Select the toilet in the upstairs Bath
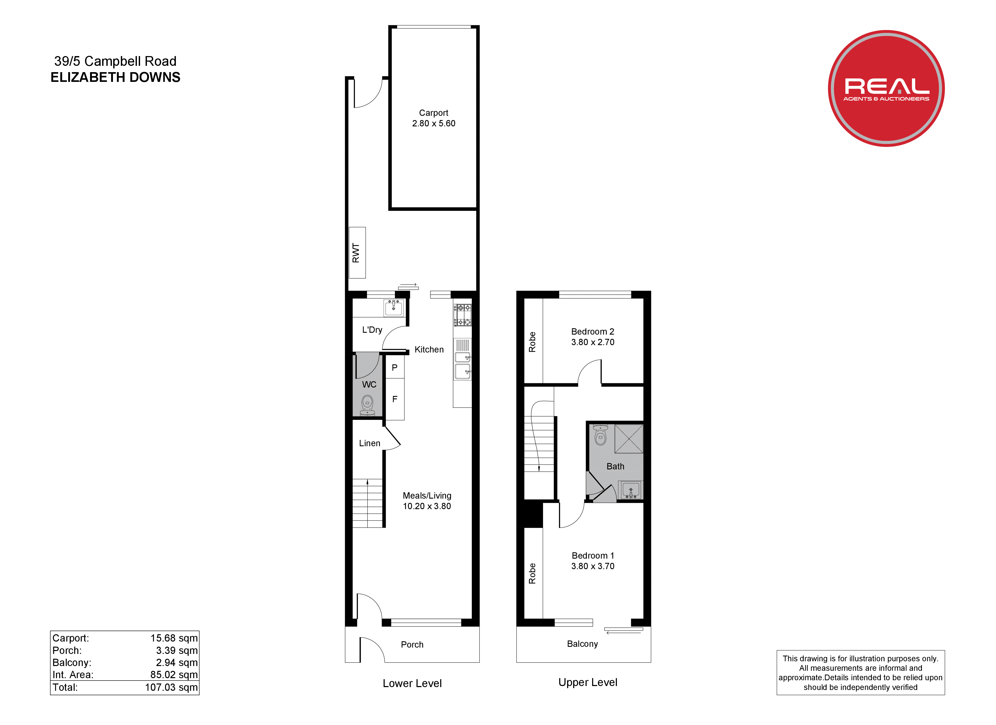tap(600, 435)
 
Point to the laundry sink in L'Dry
tap(394, 308)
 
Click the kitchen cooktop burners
tap(462, 315)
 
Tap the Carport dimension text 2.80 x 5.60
tap(433, 123)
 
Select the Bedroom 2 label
tap(592, 331)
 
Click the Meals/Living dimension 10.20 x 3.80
tap(427, 506)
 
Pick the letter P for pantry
tap(394, 368)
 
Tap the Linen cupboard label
tap(370, 443)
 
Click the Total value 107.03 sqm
tap(171, 687)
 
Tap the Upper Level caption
tap(588, 682)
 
